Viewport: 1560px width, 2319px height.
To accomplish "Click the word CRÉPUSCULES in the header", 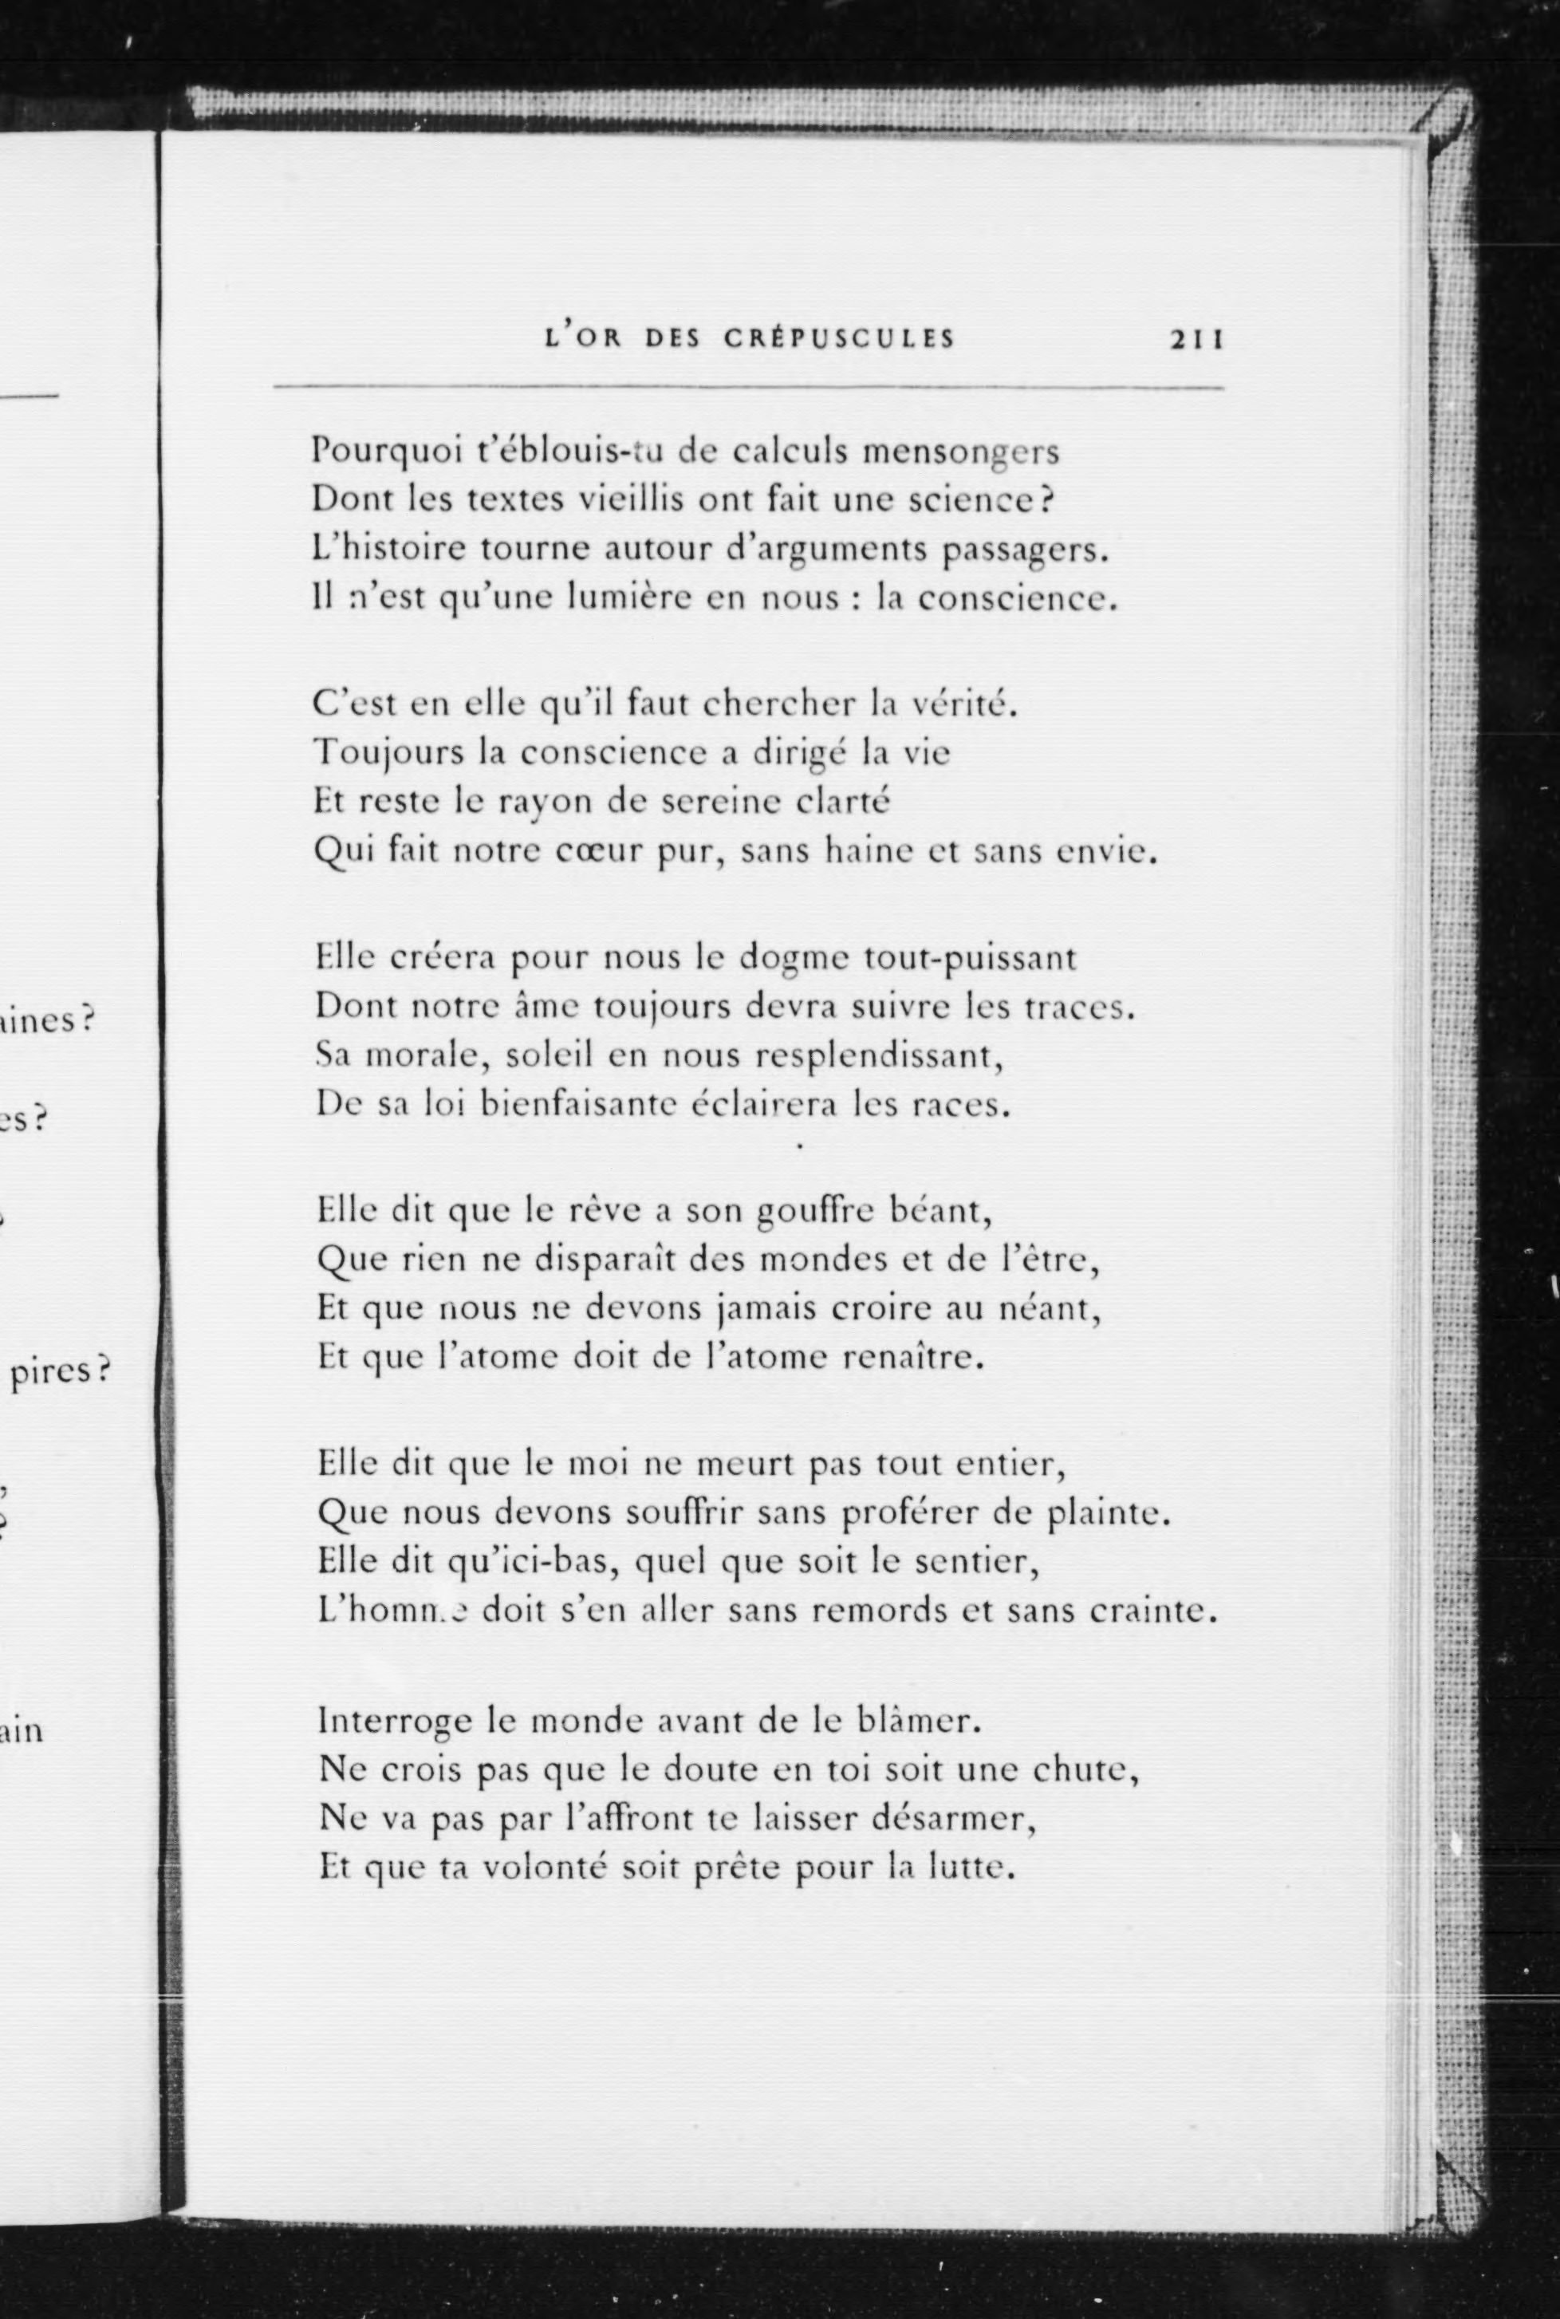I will (x=839, y=338).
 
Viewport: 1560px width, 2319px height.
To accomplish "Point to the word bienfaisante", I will (x=583, y=1103).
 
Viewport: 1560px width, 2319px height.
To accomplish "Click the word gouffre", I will (x=815, y=1212).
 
